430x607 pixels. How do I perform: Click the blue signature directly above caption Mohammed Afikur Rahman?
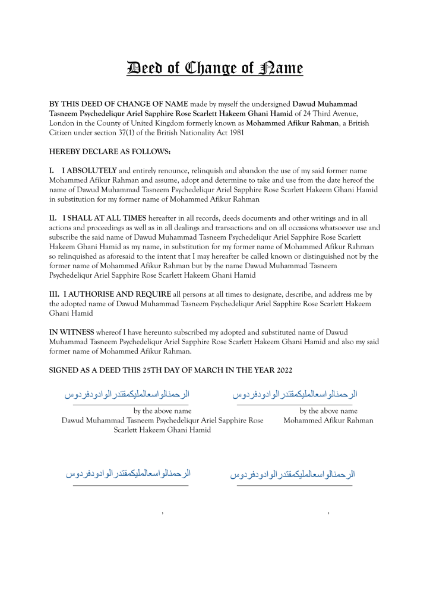click(295, 395)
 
